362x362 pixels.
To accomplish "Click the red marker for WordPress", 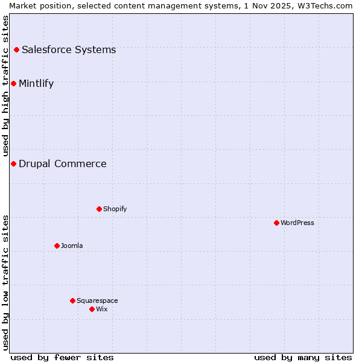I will (x=276, y=223).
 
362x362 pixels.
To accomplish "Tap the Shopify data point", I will (x=99, y=209).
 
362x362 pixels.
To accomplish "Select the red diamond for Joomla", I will (x=57, y=246).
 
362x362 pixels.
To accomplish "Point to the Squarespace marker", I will (x=72, y=300).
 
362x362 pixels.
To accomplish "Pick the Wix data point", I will (x=92, y=309).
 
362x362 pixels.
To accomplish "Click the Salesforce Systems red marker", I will (x=16, y=49).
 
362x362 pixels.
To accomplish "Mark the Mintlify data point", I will (x=13, y=83).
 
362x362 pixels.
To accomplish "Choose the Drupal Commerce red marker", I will (x=13, y=164).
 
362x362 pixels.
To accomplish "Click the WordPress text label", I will (x=297, y=223).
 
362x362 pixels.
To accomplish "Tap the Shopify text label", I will (x=115, y=209).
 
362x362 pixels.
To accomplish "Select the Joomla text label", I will (x=72, y=246).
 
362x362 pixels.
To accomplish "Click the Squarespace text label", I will (x=97, y=300).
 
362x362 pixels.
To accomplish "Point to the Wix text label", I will (x=102, y=309).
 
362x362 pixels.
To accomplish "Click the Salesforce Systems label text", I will (x=69, y=49).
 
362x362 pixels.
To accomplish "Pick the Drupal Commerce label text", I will (x=63, y=164).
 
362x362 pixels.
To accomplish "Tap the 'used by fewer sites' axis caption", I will (x=62, y=357).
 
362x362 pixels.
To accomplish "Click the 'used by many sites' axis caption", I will (x=303, y=357).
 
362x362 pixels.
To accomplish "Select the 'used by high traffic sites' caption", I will (x=5, y=86).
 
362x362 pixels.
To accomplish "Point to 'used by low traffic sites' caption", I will (x=5, y=282).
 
